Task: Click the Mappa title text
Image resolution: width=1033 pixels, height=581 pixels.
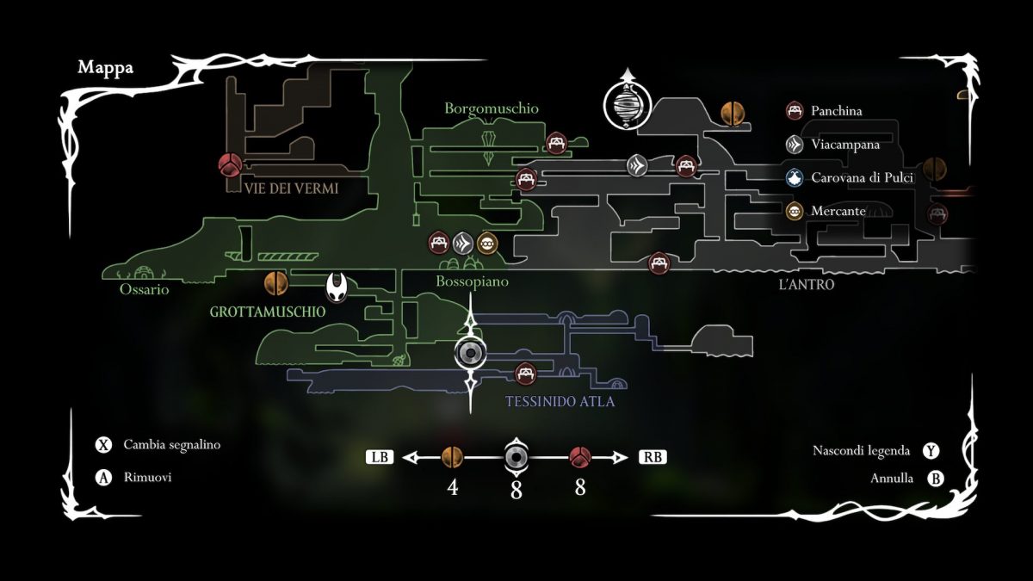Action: [x=106, y=68]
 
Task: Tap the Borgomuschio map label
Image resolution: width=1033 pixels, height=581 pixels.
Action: [x=492, y=108]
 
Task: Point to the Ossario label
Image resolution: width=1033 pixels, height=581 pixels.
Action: [x=145, y=290]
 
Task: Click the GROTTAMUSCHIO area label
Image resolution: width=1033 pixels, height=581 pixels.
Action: [x=268, y=312]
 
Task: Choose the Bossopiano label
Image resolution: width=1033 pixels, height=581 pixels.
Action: [x=472, y=281]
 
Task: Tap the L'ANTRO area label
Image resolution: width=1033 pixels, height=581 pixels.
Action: [x=806, y=284]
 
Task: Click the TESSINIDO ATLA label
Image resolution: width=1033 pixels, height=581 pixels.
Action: [x=560, y=401]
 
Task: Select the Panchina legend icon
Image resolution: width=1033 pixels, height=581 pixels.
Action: [x=795, y=111]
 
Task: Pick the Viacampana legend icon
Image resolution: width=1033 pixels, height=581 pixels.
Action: [x=795, y=145]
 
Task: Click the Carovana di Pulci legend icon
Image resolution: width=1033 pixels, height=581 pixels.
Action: [x=795, y=178]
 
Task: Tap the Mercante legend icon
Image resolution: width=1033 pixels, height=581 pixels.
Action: [x=795, y=211]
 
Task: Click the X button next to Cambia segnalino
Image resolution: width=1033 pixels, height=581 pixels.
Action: [x=104, y=445]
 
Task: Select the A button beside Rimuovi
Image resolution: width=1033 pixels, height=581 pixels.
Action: [x=104, y=478]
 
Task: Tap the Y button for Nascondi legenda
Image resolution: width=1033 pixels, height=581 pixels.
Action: [x=931, y=451]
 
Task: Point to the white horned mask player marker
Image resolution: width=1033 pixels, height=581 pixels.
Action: [x=337, y=285]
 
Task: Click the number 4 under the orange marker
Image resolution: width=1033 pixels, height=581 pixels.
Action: [x=452, y=488]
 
